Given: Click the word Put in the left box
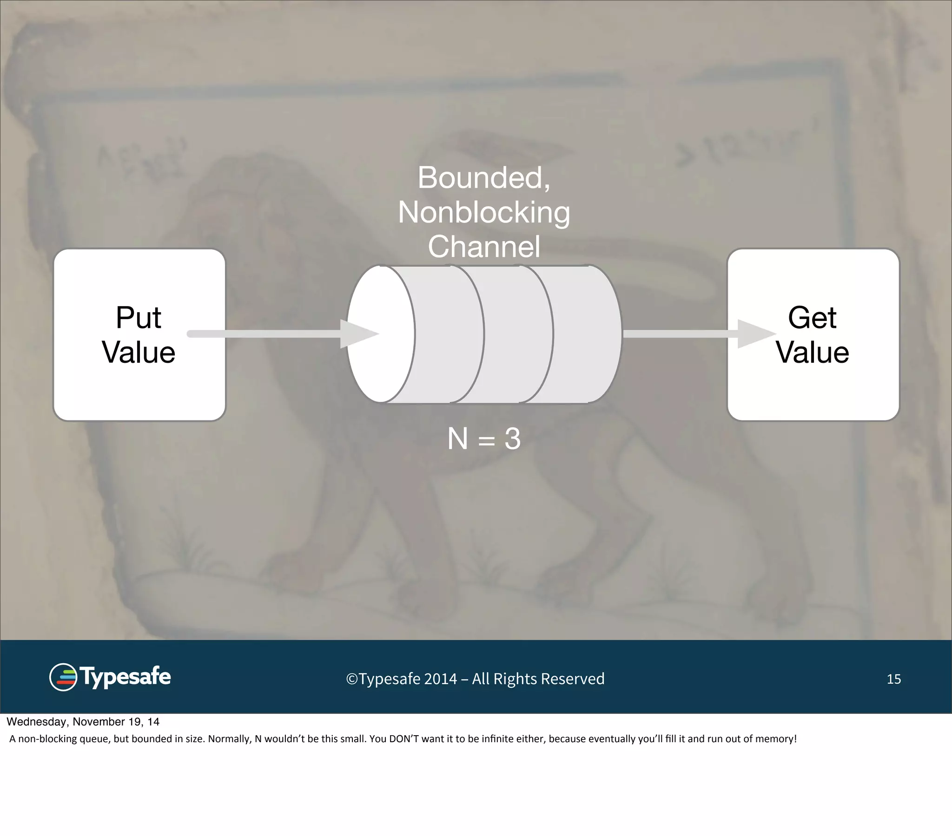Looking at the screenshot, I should (139, 319).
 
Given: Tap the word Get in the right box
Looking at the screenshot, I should (812, 319).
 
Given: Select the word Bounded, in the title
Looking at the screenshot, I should (483, 178).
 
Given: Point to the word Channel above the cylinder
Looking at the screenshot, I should (483, 247).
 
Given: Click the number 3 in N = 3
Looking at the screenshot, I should (512, 439).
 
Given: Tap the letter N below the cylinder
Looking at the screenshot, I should (457, 439).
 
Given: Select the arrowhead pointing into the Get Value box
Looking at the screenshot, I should (754, 334).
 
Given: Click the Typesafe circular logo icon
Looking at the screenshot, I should (63, 677).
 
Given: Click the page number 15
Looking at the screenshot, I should (893, 679).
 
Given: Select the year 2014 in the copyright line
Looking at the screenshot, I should (441, 679).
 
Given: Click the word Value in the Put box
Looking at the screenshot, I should (139, 353).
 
